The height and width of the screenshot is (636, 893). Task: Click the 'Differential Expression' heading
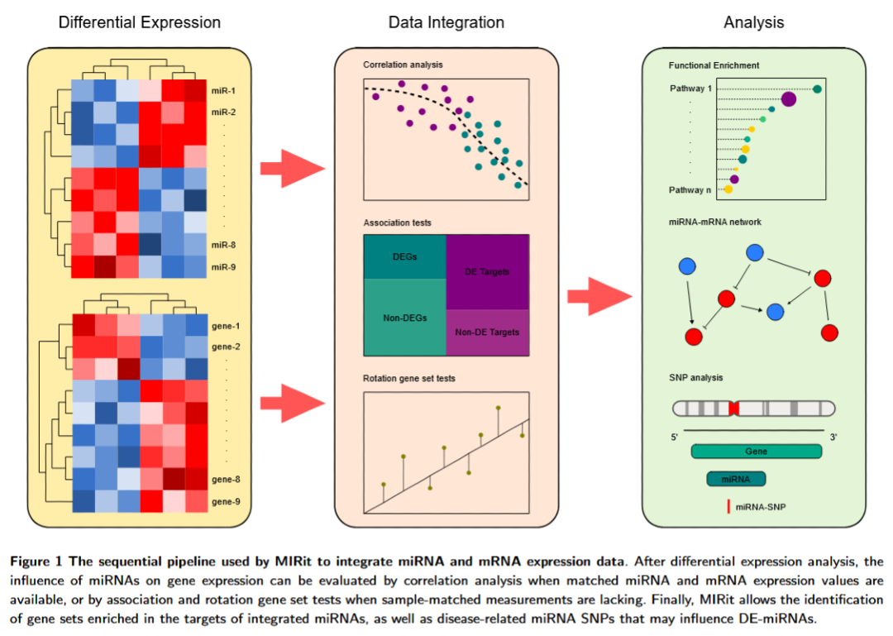(139, 22)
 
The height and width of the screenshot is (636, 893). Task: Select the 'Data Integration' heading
(446, 22)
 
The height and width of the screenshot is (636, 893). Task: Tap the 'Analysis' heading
(753, 22)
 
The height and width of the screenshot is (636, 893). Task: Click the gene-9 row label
(227, 501)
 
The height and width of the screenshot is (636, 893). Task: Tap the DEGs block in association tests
(404, 256)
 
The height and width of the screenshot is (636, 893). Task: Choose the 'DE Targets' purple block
(488, 271)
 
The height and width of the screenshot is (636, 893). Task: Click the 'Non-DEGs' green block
(404, 317)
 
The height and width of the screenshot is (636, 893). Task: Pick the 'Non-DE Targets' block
(488, 332)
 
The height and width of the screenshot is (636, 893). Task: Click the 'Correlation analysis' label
(403, 64)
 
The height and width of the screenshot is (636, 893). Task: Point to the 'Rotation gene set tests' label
(408, 379)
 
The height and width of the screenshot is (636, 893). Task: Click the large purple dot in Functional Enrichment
(788, 99)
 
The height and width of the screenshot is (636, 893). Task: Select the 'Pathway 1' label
(691, 88)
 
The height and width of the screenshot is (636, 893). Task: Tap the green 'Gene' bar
(756, 452)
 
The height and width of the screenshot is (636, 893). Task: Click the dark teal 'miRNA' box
(735, 479)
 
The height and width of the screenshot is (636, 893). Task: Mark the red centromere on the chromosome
(733, 409)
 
